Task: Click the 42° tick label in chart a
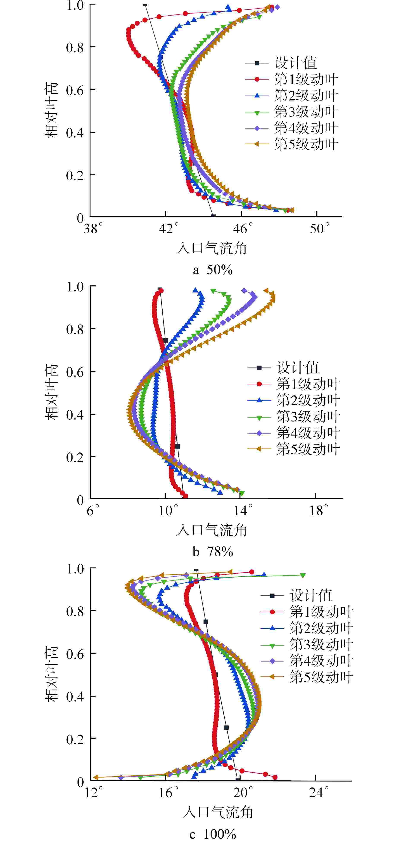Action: pyautogui.click(x=169, y=228)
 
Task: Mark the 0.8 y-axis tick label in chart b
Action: pyautogui.click(x=75, y=329)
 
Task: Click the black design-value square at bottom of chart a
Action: pyautogui.click(x=213, y=216)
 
